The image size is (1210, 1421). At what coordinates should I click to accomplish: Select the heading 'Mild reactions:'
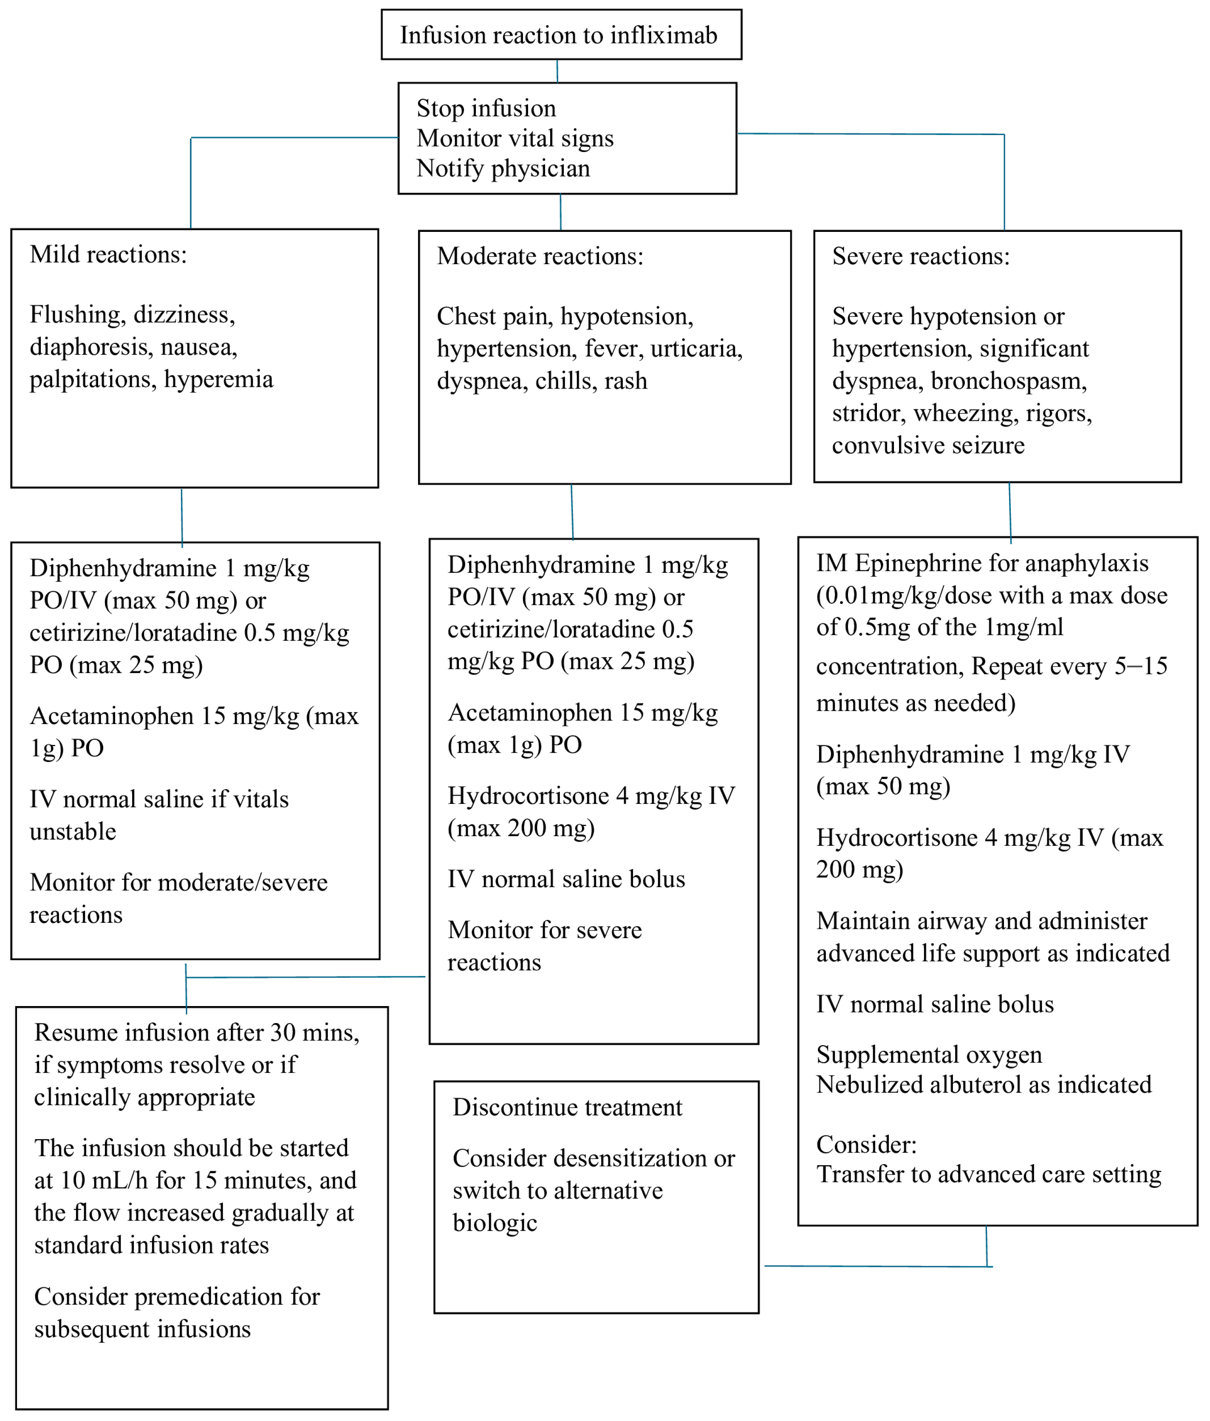[108, 254]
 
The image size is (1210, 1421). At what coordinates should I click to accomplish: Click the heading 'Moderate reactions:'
[540, 257]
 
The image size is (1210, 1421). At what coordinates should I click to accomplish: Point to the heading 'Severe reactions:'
[921, 257]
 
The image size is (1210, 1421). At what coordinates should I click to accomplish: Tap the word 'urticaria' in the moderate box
[694, 348]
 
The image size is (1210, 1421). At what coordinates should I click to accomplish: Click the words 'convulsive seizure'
[927, 445]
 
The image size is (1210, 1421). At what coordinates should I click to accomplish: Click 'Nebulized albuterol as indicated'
[983, 1084]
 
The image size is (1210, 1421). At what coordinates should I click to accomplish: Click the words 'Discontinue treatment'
[567, 1107]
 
